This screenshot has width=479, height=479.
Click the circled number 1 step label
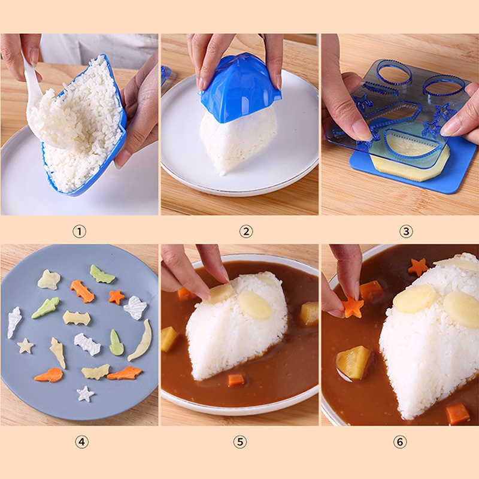click(x=79, y=232)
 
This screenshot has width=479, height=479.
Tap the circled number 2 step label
click(x=246, y=232)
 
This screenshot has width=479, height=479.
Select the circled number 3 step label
click(x=406, y=232)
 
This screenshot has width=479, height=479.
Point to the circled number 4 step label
click(x=81, y=442)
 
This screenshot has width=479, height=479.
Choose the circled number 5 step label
click(x=240, y=442)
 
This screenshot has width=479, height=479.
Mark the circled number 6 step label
click(x=400, y=442)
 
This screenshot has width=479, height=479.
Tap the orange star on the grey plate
click(x=116, y=297)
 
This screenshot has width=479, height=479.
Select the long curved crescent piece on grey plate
click(x=141, y=339)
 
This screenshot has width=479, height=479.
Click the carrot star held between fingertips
click(x=353, y=307)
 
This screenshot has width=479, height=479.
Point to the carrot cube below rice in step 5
click(x=236, y=380)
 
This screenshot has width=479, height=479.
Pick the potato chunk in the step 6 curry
click(x=353, y=363)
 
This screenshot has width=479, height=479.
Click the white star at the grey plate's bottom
click(x=85, y=394)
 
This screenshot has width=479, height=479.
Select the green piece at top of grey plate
click(x=102, y=274)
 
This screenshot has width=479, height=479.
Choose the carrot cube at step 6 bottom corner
click(x=457, y=414)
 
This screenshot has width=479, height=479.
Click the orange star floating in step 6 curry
click(x=418, y=267)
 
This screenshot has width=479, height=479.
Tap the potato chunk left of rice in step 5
click(x=169, y=338)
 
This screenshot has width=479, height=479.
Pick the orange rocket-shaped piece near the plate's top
click(x=82, y=291)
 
